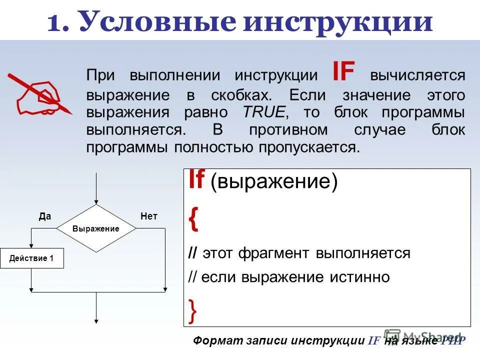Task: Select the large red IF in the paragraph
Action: pos(343,73)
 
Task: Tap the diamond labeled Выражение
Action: pos(95,228)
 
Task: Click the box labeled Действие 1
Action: pos(31,258)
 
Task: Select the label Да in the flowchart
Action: pos(45,216)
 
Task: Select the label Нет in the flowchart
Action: pos(149,216)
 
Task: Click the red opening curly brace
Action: pos(193,220)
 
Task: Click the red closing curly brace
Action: pos(193,310)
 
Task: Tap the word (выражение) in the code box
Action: pos(274,182)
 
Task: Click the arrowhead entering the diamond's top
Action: pos(95,201)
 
